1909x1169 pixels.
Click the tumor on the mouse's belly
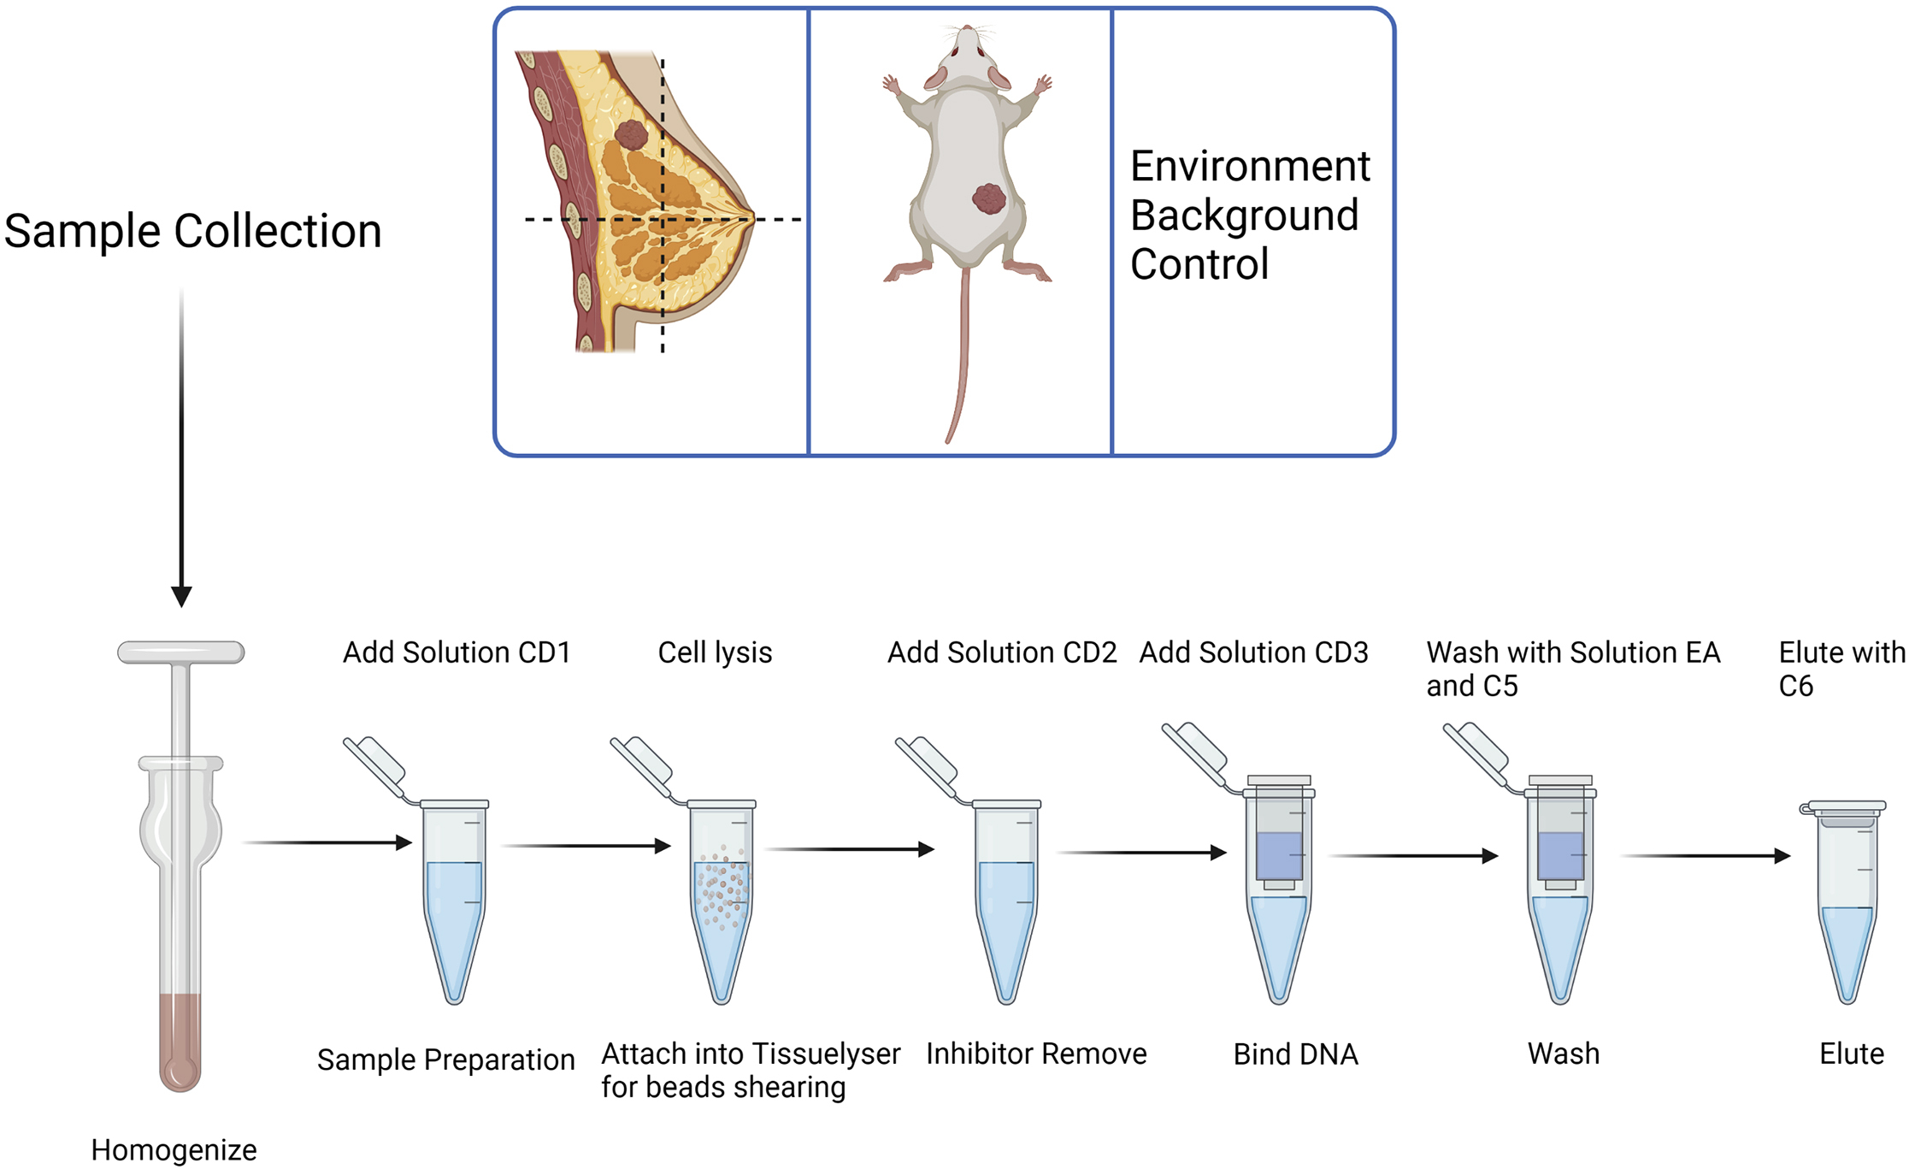(x=989, y=198)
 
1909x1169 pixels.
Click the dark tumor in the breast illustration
(x=632, y=135)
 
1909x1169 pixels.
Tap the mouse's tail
(x=962, y=359)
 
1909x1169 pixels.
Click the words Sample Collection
(x=192, y=231)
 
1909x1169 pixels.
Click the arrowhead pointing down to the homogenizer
(x=181, y=595)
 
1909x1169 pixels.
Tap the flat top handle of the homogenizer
(x=181, y=652)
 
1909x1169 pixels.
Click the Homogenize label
(x=174, y=1149)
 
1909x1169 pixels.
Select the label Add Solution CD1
(x=457, y=652)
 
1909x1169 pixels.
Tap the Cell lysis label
(x=715, y=652)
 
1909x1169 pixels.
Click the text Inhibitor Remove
(x=1036, y=1054)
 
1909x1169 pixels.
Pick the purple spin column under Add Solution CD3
(x=1279, y=855)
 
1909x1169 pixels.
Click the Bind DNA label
(x=1295, y=1054)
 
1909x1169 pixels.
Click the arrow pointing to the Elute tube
(x=1706, y=855)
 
